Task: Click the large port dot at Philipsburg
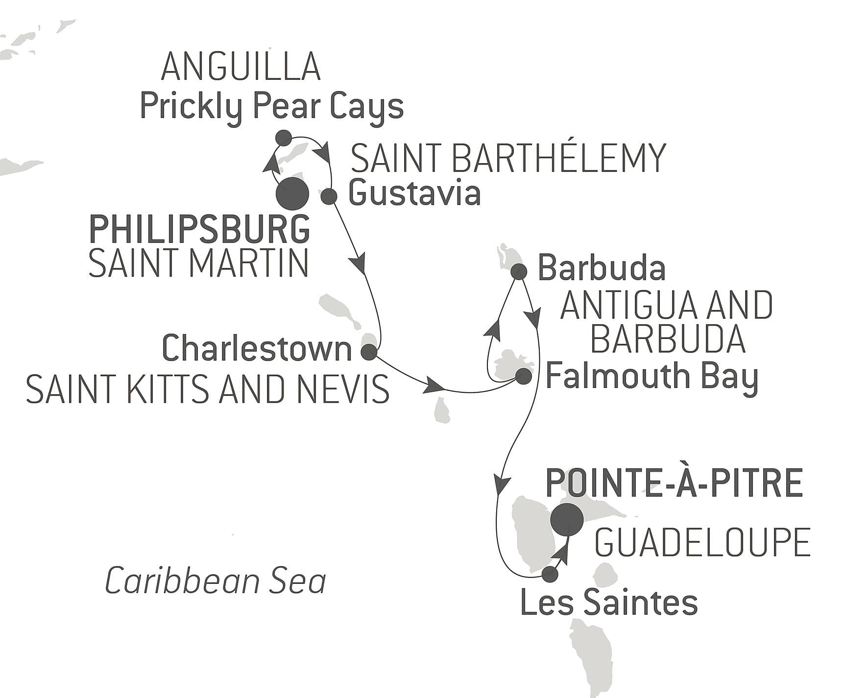pyautogui.click(x=292, y=194)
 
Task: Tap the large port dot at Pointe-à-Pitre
pyautogui.click(x=567, y=519)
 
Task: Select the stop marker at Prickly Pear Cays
pyautogui.click(x=284, y=138)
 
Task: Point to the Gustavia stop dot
pyautogui.click(x=329, y=196)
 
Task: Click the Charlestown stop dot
pyautogui.click(x=368, y=352)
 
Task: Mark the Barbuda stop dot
pyautogui.click(x=518, y=271)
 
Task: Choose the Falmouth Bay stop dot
pyautogui.click(x=523, y=376)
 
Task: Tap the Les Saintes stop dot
pyautogui.click(x=550, y=574)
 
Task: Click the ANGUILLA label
pyautogui.click(x=241, y=67)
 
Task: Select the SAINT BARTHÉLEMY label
pyautogui.click(x=508, y=158)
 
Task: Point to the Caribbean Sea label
pyautogui.click(x=216, y=581)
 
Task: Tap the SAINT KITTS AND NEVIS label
pyautogui.click(x=207, y=389)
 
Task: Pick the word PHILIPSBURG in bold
pyautogui.click(x=199, y=229)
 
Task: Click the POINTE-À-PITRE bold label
pyautogui.click(x=674, y=483)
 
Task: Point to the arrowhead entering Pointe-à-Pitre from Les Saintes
pyautogui.click(x=562, y=552)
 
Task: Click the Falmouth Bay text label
pyautogui.click(x=652, y=376)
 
